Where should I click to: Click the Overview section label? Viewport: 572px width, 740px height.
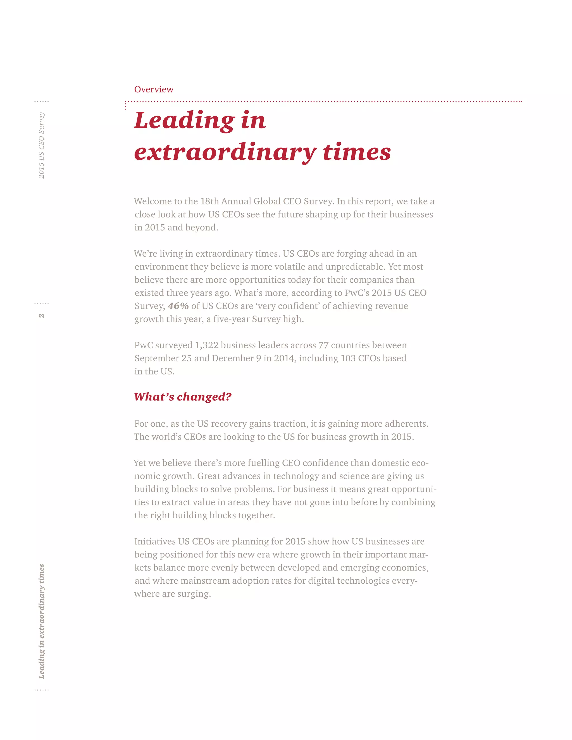(x=154, y=89)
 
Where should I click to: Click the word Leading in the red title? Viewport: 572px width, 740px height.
(x=184, y=121)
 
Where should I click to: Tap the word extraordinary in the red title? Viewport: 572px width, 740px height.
(x=225, y=152)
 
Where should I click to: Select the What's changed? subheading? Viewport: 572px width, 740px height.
(x=182, y=397)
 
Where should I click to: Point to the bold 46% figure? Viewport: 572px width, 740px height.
(x=178, y=306)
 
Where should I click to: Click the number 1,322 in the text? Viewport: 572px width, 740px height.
(x=206, y=345)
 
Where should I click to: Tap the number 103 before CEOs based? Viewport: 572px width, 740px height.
(x=348, y=358)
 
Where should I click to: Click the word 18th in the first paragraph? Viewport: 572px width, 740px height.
(x=209, y=201)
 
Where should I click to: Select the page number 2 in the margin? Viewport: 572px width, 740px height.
(x=41, y=316)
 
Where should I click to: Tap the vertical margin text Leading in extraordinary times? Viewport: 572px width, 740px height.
(x=41, y=621)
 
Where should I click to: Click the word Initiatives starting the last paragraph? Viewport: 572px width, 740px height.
(x=154, y=541)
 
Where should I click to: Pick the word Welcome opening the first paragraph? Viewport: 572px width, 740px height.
(x=152, y=201)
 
